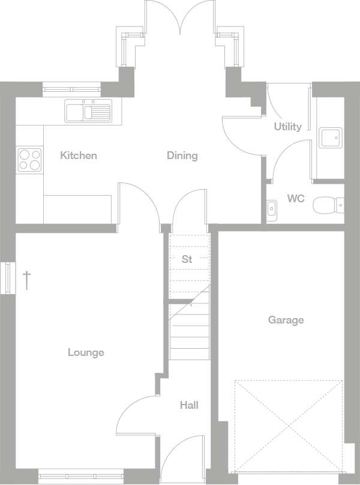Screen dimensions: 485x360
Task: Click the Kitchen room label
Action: [x=79, y=155]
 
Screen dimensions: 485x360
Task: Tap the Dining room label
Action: [x=182, y=155]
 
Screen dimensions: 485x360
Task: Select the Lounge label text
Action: [x=86, y=352]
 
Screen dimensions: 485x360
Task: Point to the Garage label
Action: [x=286, y=320]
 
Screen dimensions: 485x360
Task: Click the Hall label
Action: [x=189, y=405]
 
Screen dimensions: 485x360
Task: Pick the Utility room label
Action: [x=287, y=127]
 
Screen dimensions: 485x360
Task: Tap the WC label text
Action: [x=295, y=198]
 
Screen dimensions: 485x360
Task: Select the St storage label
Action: [x=187, y=259]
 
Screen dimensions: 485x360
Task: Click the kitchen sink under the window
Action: [x=88, y=111]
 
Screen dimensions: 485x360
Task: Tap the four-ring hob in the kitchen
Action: [x=29, y=160]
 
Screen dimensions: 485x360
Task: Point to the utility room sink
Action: [x=330, y=138]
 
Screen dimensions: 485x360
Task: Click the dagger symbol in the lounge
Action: [x=26, y=280]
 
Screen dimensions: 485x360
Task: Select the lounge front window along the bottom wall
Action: [x=80, y=477]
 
